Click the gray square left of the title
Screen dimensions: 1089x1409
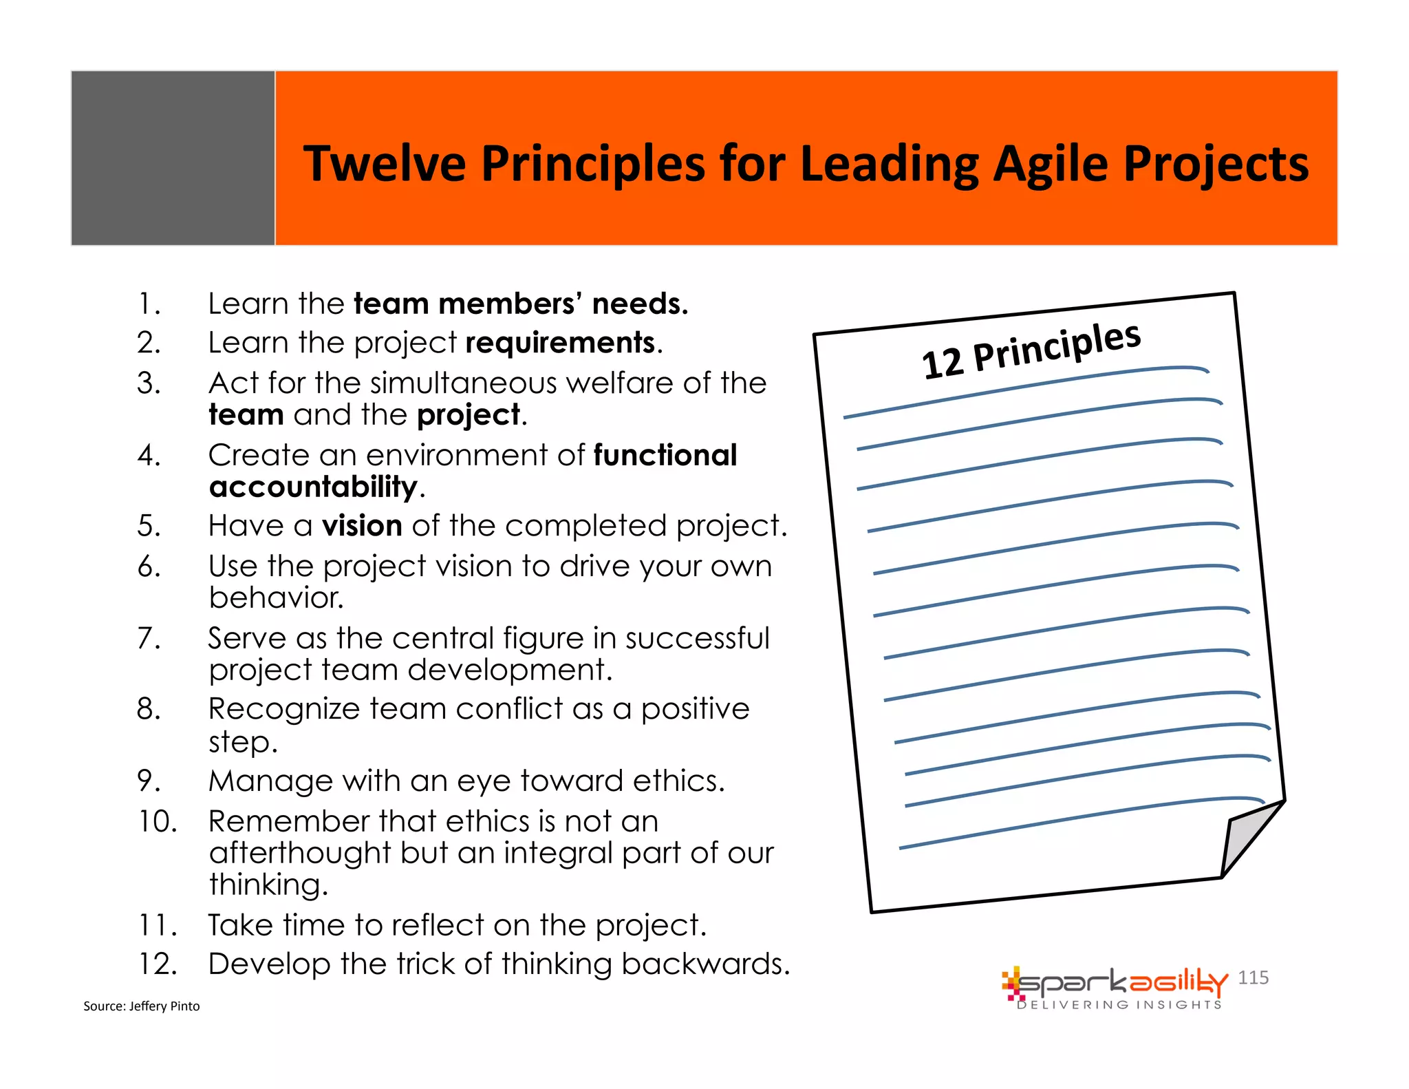click(173, 158)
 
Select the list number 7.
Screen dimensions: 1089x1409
click(149, 639)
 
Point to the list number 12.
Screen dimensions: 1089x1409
click(158, 964)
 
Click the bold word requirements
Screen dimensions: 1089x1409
click(560, 343)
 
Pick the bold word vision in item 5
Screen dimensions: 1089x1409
click(362, 526)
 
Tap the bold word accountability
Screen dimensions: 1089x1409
click(313, 487)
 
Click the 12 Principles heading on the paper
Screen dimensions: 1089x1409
click(1031, 351)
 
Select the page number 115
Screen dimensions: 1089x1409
click(1253, 977)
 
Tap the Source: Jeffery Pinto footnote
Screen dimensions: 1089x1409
click(141, 1006)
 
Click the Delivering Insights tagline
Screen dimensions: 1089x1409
click(1119, 1005)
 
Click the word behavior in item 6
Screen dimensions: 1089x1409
click(276, 598)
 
